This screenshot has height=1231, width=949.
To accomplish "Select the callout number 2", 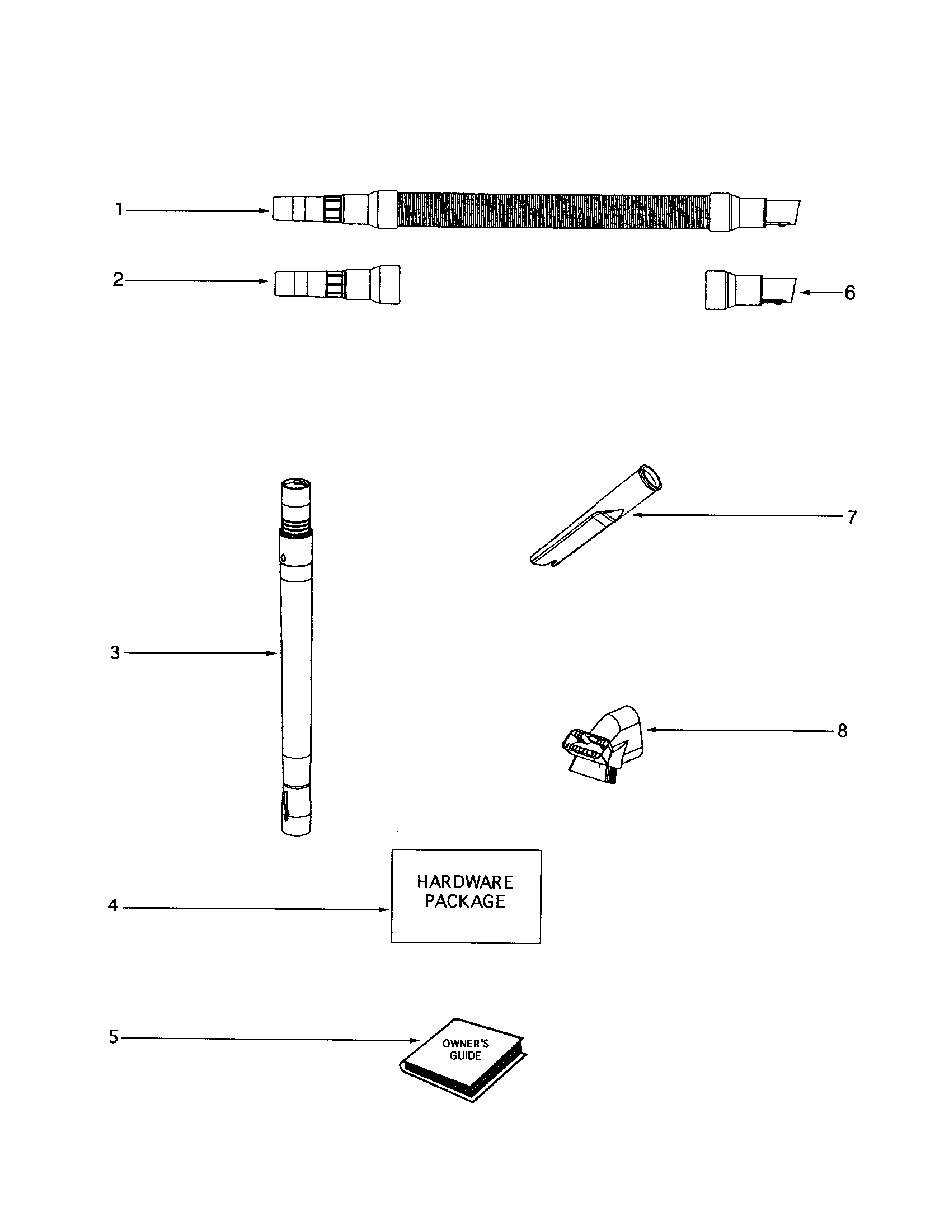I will point(118,280).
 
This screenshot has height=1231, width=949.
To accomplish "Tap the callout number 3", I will point(115,652).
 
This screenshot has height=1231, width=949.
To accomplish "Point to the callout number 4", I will point(112,906).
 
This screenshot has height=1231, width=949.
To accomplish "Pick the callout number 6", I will point(850,293).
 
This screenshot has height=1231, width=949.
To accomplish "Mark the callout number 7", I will point(852,517).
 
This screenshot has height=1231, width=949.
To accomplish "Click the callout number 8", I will point(842,731).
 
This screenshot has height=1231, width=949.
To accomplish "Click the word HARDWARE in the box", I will point(465,882).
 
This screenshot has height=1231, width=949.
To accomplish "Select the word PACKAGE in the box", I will point(465,901).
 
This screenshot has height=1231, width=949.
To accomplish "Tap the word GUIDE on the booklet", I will point(466,1055).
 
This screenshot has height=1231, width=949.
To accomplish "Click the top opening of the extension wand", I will point(297,483).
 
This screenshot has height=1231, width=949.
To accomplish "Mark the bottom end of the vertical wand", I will point(297,829).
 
